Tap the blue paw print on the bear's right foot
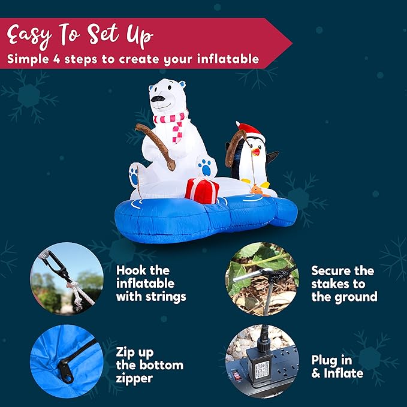pos(207,167)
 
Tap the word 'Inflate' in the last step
pos(342,373)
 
